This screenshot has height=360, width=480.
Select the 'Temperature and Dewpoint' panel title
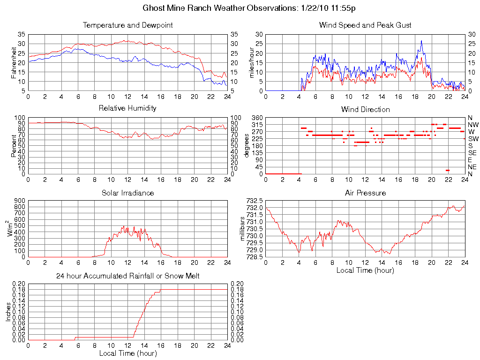click(x=127, y=25)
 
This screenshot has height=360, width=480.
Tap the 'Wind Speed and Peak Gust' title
click(x=365, y=25)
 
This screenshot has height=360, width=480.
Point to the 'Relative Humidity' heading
click(x=127, y=108)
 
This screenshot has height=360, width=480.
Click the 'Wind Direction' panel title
click(x=365, y=109)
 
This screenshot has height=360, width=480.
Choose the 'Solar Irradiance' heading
click(x=127, y=193)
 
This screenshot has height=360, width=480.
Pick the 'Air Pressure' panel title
click(x=365, y=193)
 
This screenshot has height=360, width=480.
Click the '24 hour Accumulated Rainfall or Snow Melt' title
click(x=127, y=276)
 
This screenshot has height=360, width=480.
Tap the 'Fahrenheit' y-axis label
click(x=15, y=62)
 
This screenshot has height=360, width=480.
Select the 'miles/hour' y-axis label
click(x=252, y=62)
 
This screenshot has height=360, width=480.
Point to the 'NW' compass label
click(x=473, y=125)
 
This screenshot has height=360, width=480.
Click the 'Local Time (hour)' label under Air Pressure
click(x=365, y=270)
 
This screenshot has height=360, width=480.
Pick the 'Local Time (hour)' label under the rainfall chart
click(x=127, y=353)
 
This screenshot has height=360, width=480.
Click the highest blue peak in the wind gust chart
click(x=421, y=41)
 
